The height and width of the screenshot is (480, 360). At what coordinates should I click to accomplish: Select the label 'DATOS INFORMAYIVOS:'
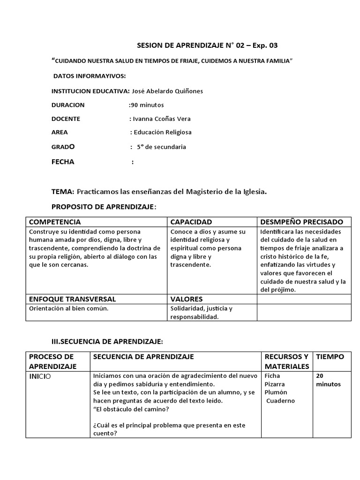pos(89,76)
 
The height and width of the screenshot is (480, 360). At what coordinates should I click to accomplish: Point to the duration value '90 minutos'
pos(147,105)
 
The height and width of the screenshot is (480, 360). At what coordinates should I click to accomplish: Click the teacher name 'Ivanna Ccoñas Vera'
pos(162,119)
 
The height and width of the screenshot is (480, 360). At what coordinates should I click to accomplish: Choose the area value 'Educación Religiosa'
pos(163,132)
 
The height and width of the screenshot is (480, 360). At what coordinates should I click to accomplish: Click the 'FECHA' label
pos(63,162)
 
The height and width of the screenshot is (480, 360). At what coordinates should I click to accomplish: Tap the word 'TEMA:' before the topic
pos(63,191)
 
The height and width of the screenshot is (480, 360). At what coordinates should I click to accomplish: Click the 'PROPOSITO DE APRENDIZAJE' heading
pos(103,207)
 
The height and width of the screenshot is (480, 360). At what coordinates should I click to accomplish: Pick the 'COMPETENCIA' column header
pos(55,222)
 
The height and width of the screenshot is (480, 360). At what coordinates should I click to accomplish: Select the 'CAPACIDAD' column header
pos(191,222)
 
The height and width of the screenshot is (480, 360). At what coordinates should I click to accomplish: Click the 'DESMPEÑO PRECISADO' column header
pos(301,222)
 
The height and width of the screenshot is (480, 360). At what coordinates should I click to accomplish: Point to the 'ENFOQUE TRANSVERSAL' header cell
pos(72,299)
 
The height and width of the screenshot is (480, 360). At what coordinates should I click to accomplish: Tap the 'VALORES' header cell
pos(187,299)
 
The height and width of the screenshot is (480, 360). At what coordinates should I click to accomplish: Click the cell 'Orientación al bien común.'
pos(69,308)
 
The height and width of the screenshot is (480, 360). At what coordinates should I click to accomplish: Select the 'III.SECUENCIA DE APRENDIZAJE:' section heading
pos(107,341)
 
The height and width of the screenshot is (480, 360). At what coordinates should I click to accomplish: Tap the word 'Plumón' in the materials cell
pos(276,392)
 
